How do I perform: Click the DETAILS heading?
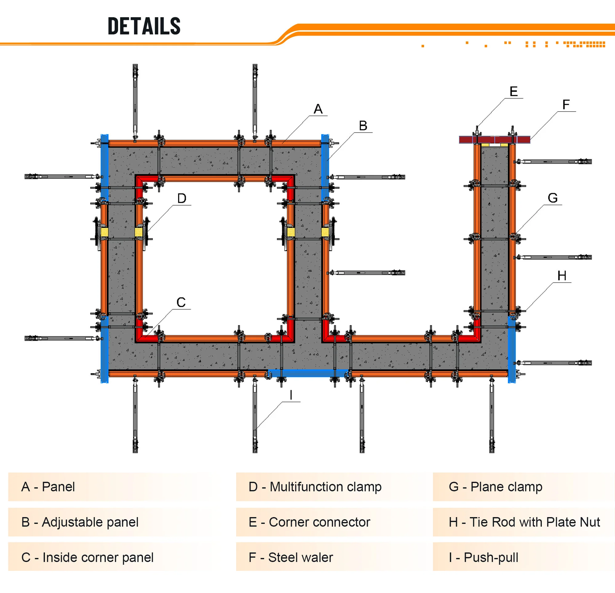click(144, 26)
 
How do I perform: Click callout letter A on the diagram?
click(318, 109)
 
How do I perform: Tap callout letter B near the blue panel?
click(363, 126)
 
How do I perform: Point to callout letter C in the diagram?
click(181, 302)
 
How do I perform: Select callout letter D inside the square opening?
click(182, 198)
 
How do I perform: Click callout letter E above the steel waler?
click(513, 92)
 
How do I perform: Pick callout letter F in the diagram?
click(566, 105)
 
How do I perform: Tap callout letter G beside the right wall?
click(553, 198)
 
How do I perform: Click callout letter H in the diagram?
click(562, 276)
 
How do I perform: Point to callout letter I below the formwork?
click(291, 395)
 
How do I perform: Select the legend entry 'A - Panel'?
click(48, 487)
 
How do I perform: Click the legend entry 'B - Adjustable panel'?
click(80, 522)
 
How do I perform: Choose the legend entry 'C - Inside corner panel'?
click(87, 558)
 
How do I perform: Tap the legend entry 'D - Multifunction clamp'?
click(315, 487)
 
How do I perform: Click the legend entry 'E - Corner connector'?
click(309, 522)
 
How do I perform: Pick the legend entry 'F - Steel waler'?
click(291, 558)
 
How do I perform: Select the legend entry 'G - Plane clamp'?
click(495, 487)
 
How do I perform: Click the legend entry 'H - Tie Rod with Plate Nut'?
click(524, 522)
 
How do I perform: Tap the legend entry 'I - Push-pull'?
click(483, 558)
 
